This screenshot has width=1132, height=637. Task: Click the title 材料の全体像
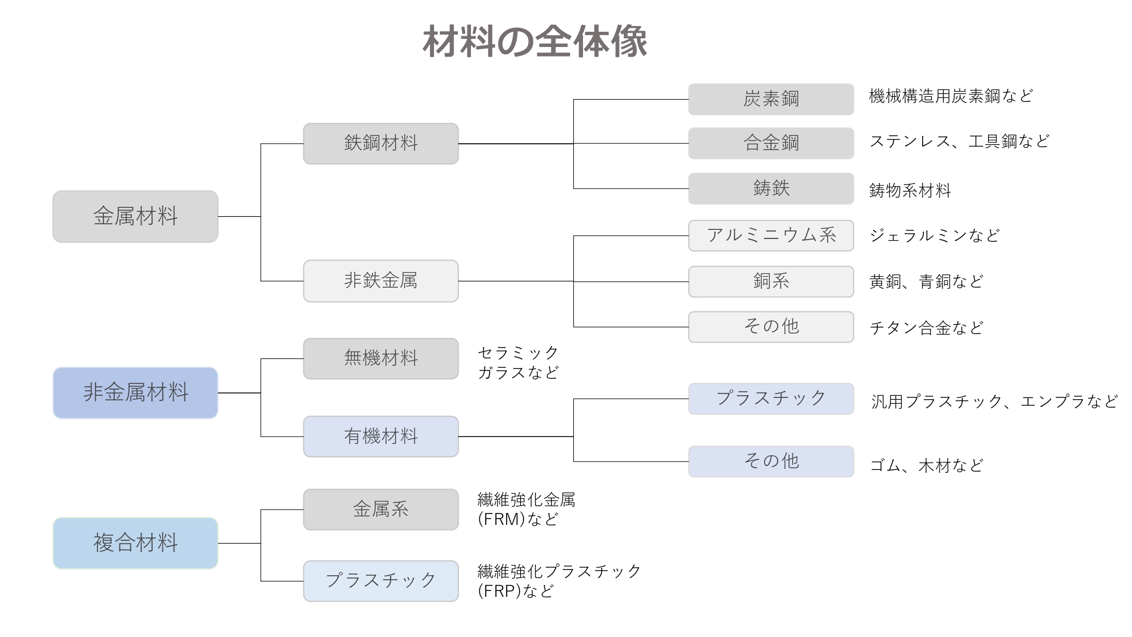tap(535, 41)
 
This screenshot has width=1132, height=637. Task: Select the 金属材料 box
tap(135, 216)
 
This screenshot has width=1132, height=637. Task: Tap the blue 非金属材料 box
tap(135, 392)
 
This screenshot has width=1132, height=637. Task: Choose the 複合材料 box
tap(135, 543)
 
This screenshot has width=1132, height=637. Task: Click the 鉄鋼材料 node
tap(380, 143)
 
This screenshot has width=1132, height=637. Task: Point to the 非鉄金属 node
tap(380, 281)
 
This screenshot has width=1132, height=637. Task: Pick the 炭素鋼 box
tap(771, 99)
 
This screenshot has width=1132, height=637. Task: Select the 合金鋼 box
tap(771, 143)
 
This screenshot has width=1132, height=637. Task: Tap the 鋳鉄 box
tap(771, 188)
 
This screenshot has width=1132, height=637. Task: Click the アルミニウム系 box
tap(771, 235)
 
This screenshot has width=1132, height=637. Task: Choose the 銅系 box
tap(771, 281)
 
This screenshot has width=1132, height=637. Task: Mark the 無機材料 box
tap(380, 358)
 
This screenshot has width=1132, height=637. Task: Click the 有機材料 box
tap(380, 437)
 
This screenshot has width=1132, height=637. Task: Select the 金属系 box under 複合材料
tap(380, 509)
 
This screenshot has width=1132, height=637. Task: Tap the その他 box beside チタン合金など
tap(771, 327)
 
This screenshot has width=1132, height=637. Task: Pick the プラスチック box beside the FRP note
tap(380, 580)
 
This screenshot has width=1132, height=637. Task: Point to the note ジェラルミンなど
tap(934, 236)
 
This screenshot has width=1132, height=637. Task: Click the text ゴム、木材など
tap(927, 465)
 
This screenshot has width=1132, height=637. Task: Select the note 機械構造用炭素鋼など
tap(951, 96)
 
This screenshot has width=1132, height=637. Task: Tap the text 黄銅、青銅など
tap(927, 281)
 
